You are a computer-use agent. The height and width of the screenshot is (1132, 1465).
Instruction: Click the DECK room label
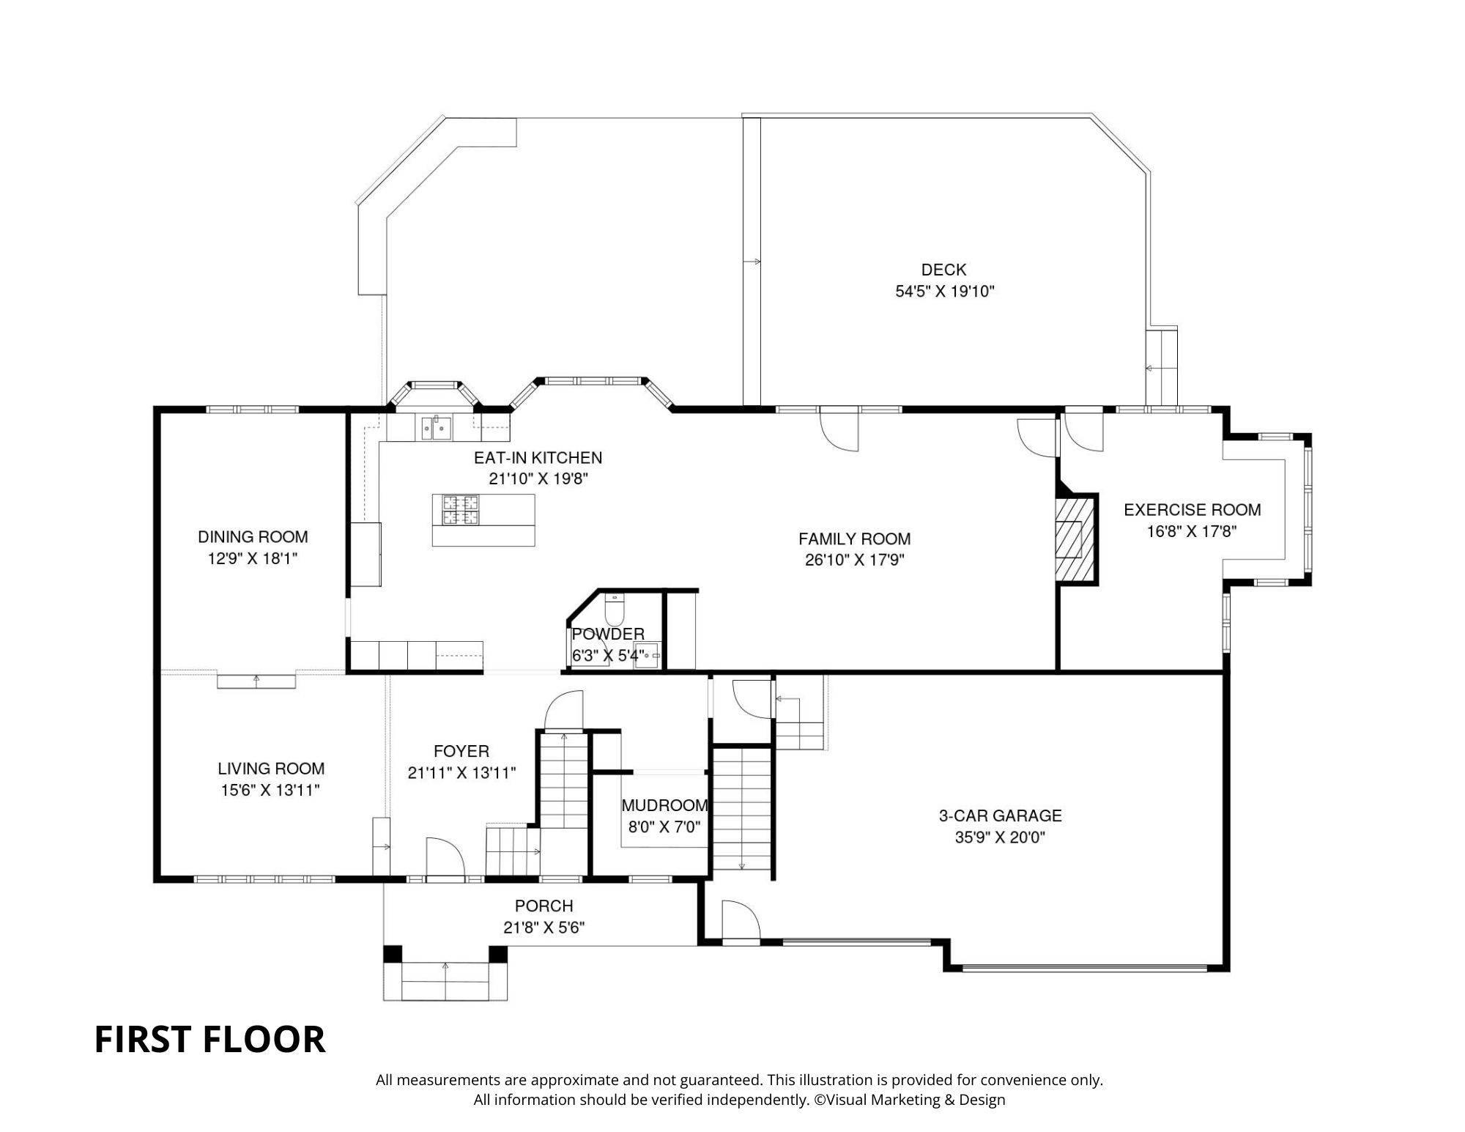[x=943, y=270]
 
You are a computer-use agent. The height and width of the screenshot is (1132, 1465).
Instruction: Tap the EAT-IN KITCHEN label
[x=538, y=458]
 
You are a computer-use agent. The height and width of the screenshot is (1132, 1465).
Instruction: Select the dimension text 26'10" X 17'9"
[x=854, y=561]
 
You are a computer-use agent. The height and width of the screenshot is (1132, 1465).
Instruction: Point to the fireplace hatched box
[x=1074, y=539]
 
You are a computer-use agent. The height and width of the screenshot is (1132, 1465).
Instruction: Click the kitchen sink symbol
[x=436, y=427]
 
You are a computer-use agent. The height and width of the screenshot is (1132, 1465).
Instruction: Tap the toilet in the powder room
[x=615, y=610]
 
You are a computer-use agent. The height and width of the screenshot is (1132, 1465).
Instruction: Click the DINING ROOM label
[x=253, y=537]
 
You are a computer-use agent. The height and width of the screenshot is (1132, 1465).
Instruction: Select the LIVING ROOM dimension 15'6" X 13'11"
[x=270, y=791]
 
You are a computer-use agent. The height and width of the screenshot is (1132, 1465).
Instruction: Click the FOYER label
[x=461, y=751]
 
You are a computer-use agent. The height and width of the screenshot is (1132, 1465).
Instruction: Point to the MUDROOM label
[x=664, y=806]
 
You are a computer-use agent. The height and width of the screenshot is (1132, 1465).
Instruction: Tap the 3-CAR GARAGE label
[x=1000, y=815]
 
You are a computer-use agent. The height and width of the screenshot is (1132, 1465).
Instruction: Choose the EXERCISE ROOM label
[x=1193, y=510]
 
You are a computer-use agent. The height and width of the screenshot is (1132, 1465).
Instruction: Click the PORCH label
[x=544, y=906]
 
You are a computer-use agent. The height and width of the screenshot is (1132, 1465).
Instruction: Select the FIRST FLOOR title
[x=209, y=1040]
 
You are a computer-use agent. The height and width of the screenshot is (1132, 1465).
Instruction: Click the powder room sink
[x=648, y=654]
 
